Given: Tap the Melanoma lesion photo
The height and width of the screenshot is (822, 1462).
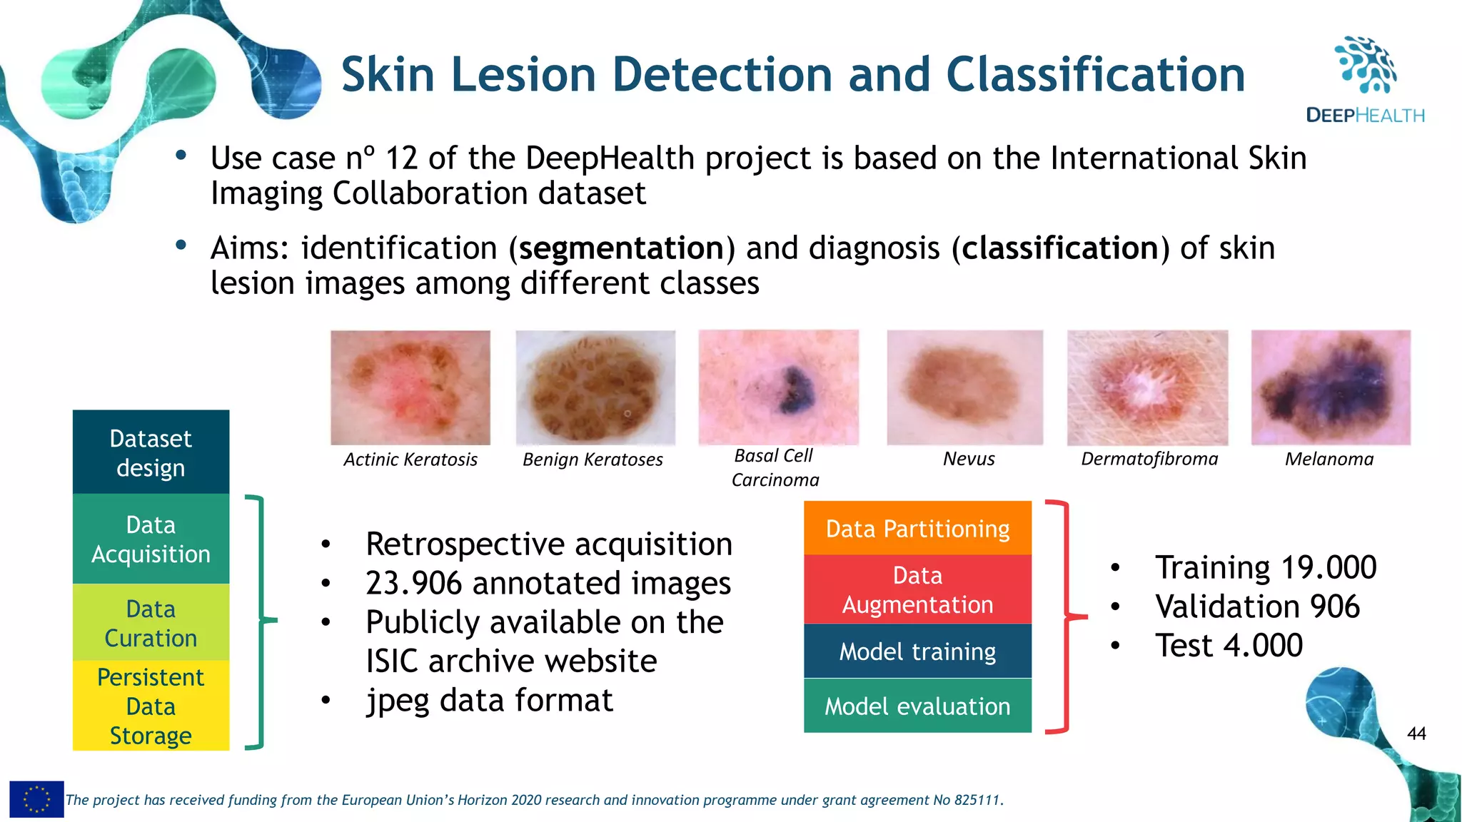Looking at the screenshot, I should click(1331, 387).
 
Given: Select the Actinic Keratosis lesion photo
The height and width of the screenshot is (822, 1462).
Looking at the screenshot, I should click(410, 387).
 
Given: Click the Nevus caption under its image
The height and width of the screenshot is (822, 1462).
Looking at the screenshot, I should click(969, 459).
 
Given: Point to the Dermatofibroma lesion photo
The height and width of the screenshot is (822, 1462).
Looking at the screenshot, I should click(1147, 387).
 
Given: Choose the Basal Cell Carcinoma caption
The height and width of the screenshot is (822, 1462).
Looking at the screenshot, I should click(775, 467).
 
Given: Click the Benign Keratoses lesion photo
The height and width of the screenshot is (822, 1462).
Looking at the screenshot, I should click(595, 387).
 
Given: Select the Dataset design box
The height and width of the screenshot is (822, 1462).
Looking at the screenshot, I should click(151, 452).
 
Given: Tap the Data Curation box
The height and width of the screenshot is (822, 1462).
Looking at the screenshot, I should click(151, 623).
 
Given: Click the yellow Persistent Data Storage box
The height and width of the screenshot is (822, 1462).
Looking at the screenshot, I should click(151, 706).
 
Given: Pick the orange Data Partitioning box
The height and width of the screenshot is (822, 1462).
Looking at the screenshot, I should click(917, 529).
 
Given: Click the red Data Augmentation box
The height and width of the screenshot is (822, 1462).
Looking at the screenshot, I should click(917, 589).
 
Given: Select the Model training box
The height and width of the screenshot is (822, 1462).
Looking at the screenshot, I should click(917, 651).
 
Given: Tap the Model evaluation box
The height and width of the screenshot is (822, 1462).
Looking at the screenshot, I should click(917, 706).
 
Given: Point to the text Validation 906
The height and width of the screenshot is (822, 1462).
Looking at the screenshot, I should click(1257, 607).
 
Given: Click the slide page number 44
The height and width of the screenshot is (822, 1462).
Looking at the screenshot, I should click(1416, 734).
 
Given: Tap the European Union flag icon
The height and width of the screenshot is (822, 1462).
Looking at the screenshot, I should click(36, 799).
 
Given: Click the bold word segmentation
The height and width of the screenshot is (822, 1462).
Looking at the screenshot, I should click(621, 248).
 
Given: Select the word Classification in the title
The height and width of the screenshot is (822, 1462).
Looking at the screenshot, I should click(1095, 75).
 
